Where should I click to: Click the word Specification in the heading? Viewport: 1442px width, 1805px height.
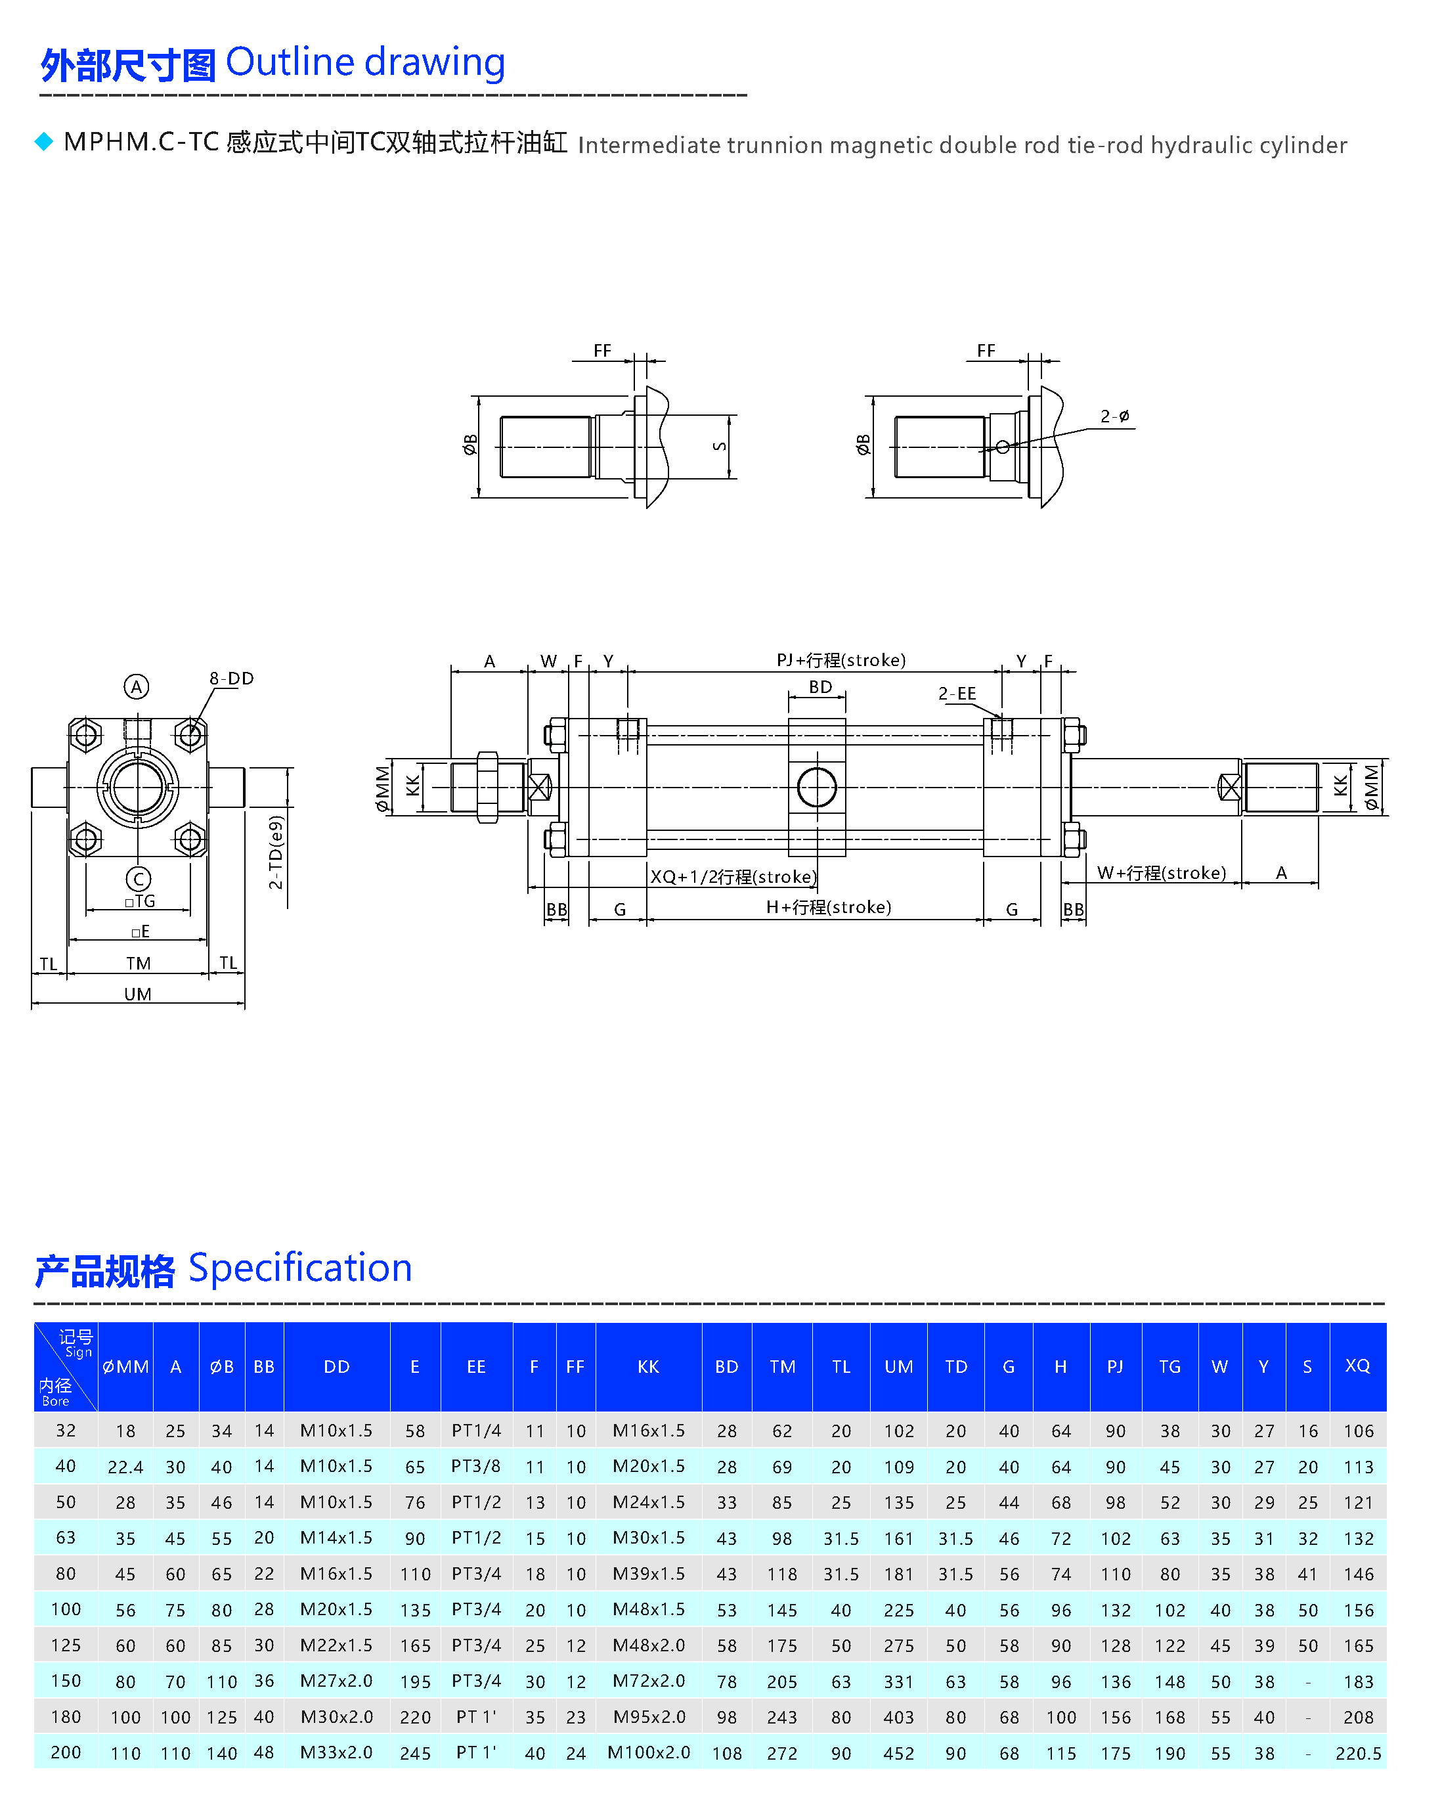(299, 1268)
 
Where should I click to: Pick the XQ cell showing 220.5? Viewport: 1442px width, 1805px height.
(1357, 1752)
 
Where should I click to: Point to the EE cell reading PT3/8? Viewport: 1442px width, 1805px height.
(475, 1466)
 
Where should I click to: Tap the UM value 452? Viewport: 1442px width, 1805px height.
(898, 1753)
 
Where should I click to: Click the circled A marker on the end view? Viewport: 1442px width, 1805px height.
(137, 686)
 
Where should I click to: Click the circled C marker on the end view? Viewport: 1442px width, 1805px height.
(138, 878)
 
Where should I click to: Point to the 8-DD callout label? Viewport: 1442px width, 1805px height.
(231, 678)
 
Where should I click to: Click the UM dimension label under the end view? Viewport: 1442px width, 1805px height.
(137, 994)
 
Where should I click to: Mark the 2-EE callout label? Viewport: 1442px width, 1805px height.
(957, 693)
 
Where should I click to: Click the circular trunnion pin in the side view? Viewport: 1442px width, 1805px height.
(816, 787)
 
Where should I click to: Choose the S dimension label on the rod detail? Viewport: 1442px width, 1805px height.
(719, 446)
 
